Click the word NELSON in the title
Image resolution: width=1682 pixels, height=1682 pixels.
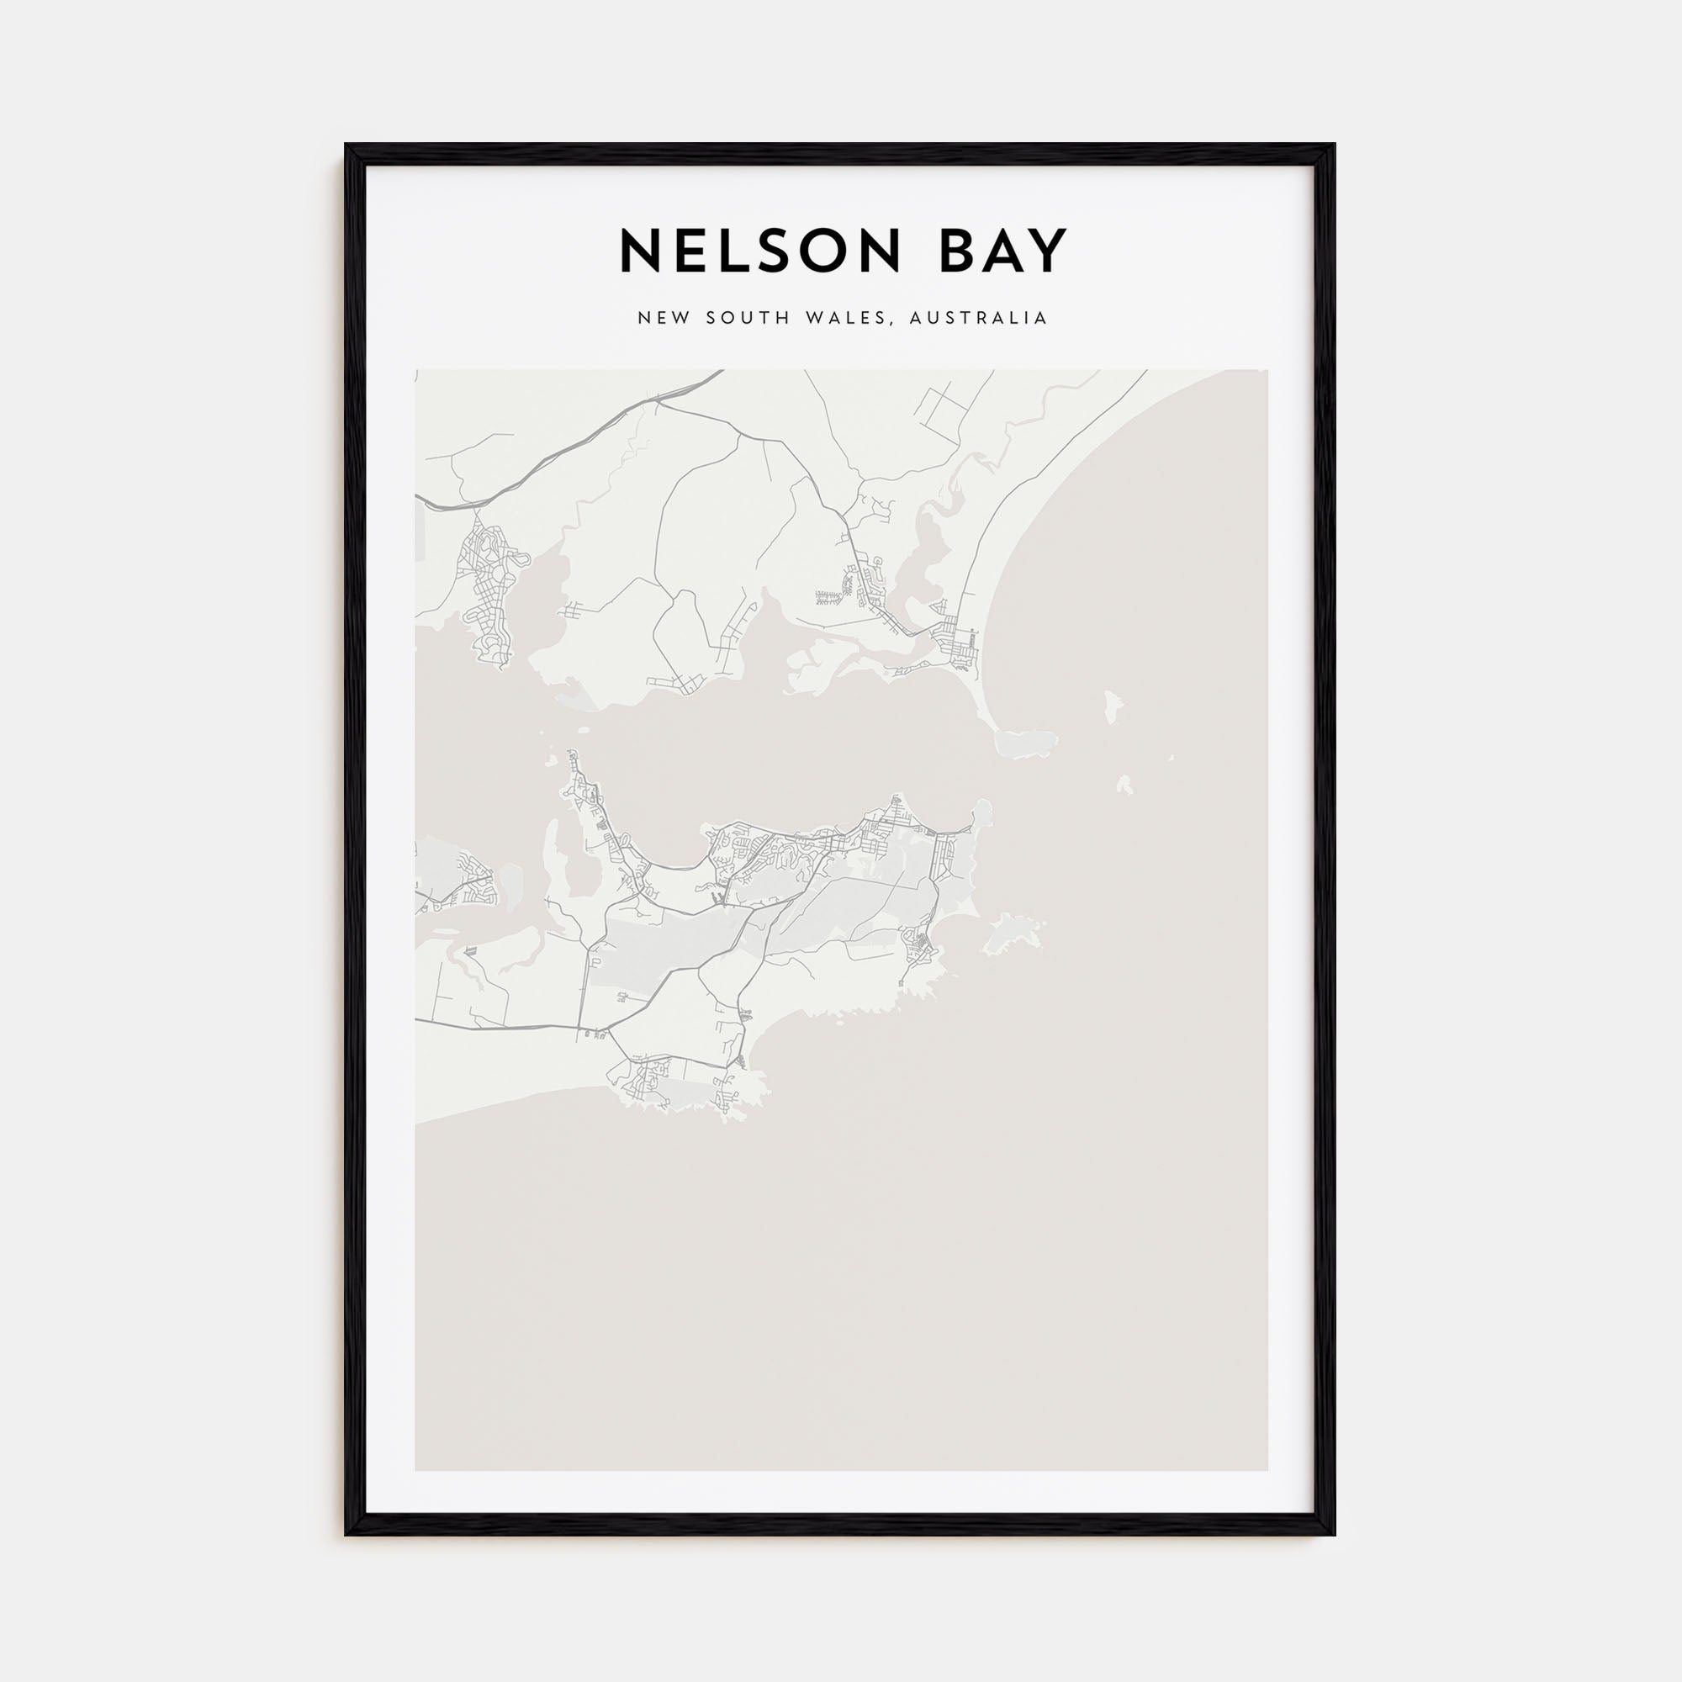759,252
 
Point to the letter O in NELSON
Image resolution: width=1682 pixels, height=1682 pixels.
823,252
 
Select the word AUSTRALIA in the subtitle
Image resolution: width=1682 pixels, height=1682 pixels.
978,318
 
